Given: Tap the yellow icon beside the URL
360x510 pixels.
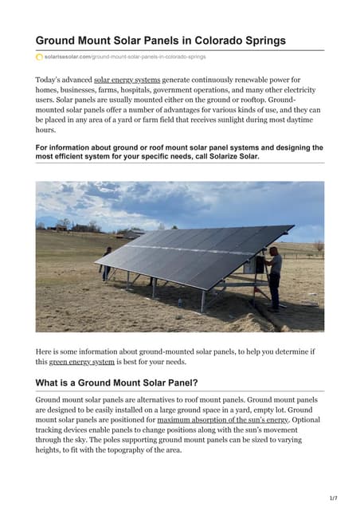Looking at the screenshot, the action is point(39,57).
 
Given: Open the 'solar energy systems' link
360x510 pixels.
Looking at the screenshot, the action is point(127,80).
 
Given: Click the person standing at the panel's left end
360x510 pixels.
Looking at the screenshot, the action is point(107,264).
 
